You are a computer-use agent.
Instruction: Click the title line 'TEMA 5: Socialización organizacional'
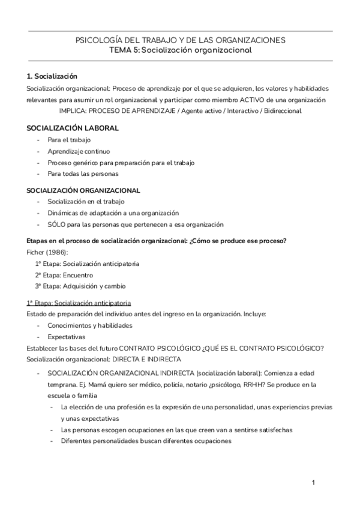click(x=180, y=50)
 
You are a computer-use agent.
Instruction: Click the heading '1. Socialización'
click(x=52, y=76)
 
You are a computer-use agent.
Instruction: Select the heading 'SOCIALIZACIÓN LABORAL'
click(x=73, y=128)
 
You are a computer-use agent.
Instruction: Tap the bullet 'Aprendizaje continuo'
click(x=79, y=151)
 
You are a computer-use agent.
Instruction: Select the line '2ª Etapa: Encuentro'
click(x=64, y=275)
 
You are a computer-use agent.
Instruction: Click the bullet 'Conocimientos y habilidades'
click(x=90, y=325)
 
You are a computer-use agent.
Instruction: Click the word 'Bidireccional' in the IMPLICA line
click(x=282, y=110)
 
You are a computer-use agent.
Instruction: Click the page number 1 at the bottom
click(x=313, y=483)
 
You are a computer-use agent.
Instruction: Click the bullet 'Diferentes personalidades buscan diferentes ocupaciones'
click(x=146, y=441)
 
